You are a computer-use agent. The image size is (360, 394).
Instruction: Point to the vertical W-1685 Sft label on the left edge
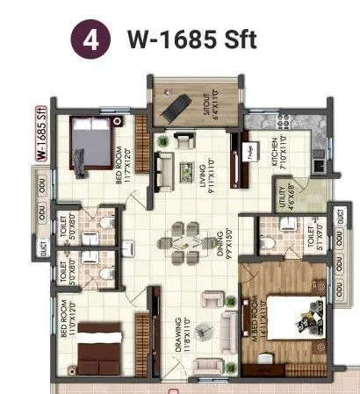40,134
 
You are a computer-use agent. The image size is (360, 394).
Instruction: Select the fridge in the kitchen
250,150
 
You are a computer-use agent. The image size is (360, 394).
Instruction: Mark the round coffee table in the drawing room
204,332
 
